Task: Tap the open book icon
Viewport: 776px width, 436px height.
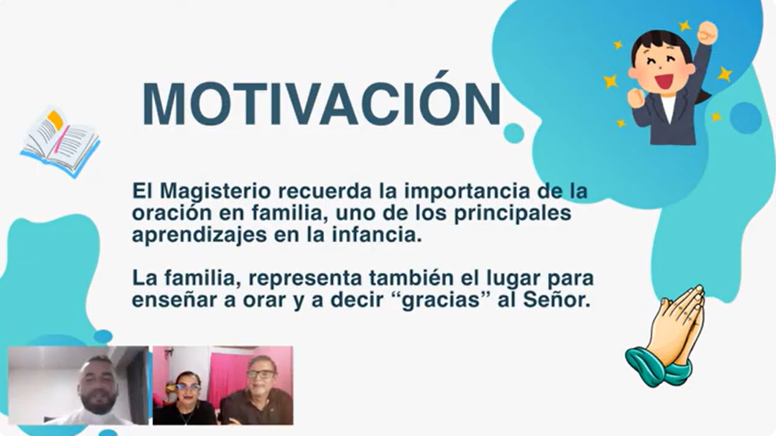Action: (61, 142)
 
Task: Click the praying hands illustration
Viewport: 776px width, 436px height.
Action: (667, 336)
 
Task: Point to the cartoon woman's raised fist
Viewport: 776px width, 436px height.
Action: (707, 32)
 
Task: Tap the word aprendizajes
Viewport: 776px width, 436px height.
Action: (199, 236)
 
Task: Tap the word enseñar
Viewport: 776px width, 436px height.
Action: (174, 300)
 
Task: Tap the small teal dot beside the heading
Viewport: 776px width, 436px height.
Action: (513, 133)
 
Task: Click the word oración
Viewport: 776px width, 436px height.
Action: (170, 214)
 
